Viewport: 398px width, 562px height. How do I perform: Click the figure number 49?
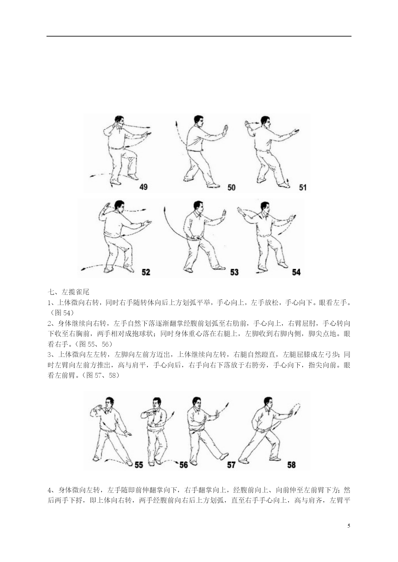coord(144,186)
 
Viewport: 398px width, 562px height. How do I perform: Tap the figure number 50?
coord(232,187)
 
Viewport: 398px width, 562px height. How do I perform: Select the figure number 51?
coord(303,187)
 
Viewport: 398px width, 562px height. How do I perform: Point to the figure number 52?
coord(146,272)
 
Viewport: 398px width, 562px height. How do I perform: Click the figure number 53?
coord(234,272)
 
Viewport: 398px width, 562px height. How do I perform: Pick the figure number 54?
coord(296,272)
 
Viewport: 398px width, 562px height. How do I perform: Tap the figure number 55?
coord(139,465)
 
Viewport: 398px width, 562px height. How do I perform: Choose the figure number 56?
coord(184,465)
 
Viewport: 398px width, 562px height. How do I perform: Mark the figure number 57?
coord(231,465)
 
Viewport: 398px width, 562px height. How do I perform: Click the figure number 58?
coord(292,465)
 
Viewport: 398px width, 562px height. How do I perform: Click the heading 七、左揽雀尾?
coord(68,292)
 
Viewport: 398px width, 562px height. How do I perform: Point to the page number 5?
coord(349,526)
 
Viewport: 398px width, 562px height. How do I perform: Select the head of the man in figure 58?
coord(268,402)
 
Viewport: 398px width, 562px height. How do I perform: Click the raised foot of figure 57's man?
coord(224,456)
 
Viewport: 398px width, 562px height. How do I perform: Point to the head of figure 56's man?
coord(157,403)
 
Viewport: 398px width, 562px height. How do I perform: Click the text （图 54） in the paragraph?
coord(61,313)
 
